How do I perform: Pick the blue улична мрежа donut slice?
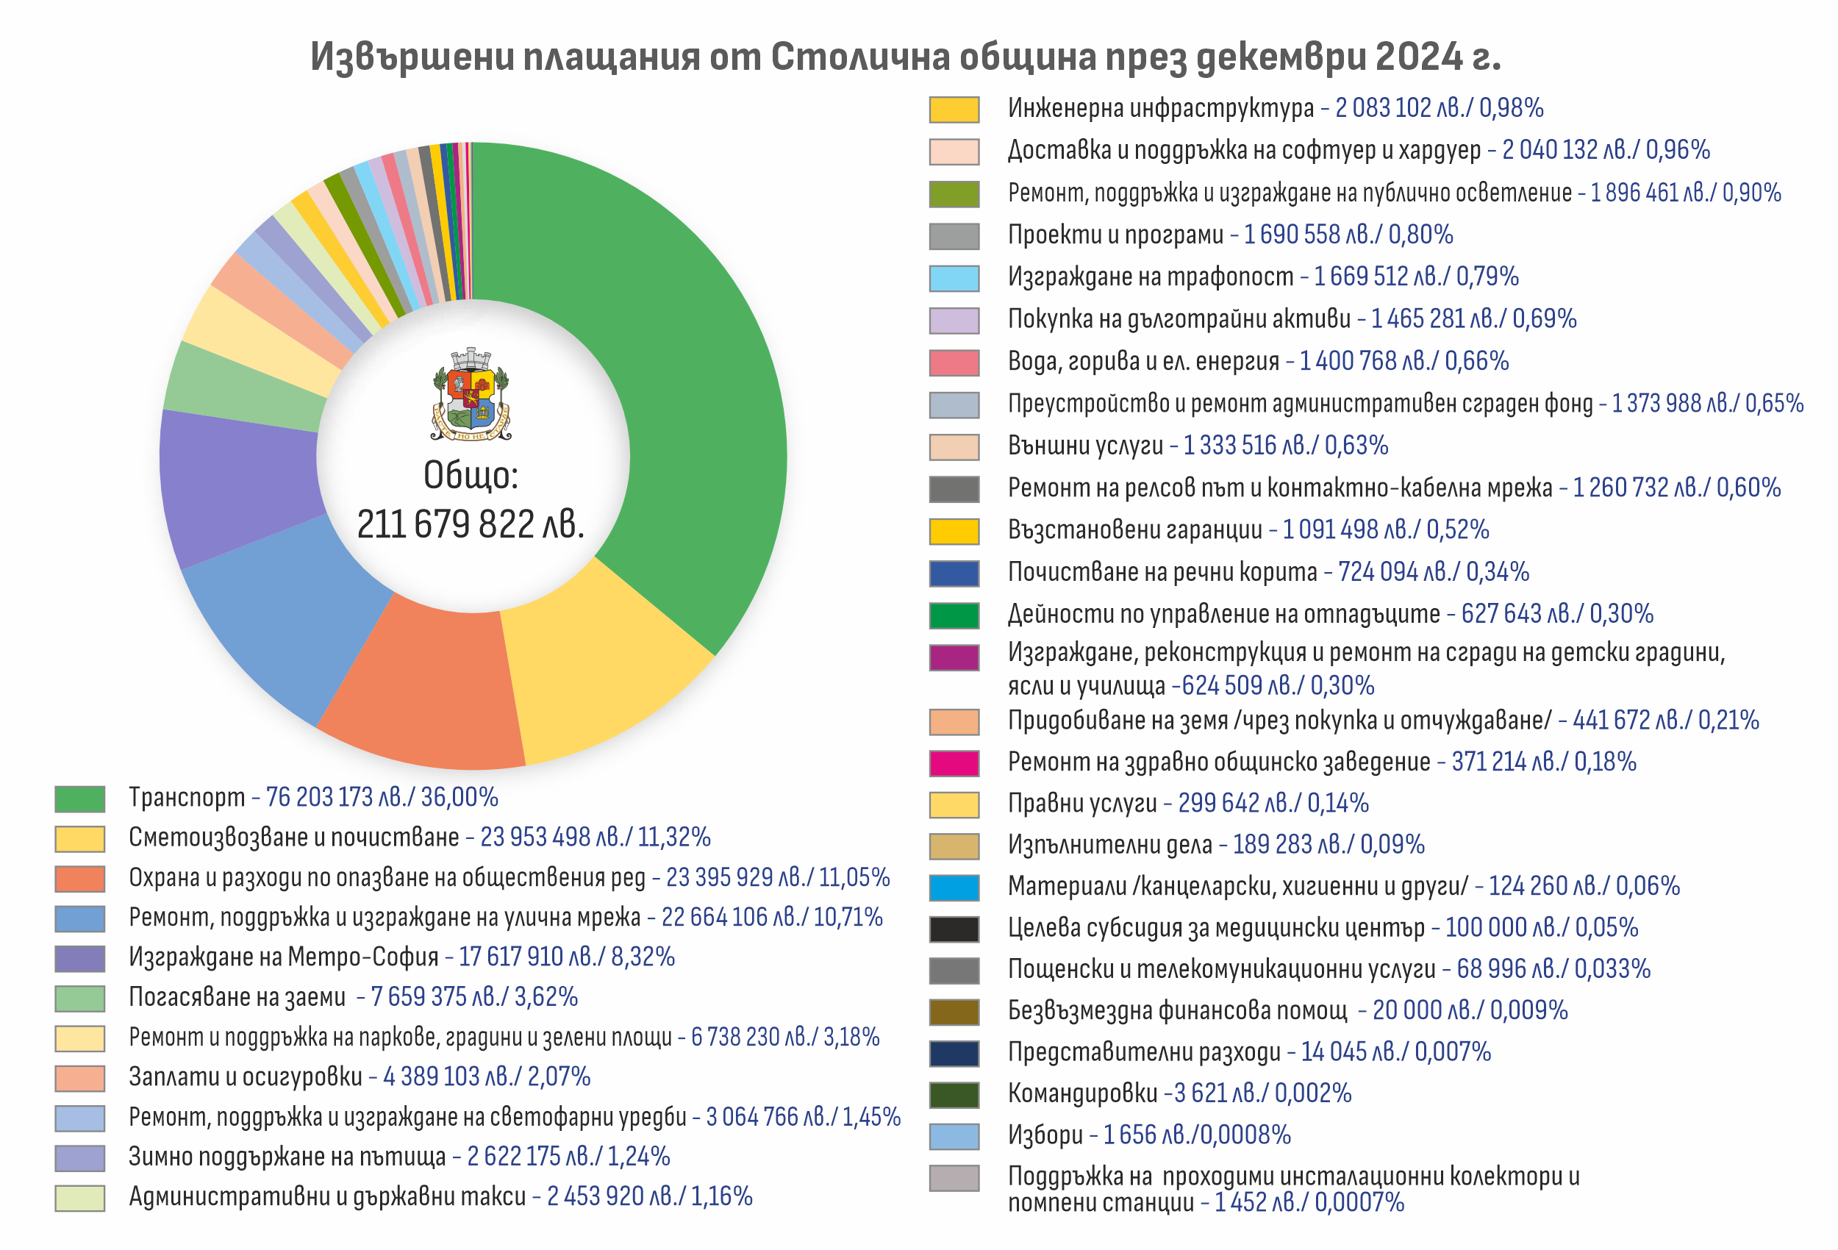[x=293, y=617]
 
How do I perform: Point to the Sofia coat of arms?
[x=471, y=394]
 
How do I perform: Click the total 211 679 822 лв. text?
[x=471, y=524]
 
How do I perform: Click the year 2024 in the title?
[x=1418, y=57]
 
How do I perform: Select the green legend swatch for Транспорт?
[x=80, y=799]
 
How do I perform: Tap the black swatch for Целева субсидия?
[x=954, y=929]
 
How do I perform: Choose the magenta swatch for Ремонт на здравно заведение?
[x=954, y=762]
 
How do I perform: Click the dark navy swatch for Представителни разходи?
[x=954, y=1053]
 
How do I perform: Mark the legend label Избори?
[x=1045, y=1135]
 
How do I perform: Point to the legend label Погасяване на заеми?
[x=237, y=997]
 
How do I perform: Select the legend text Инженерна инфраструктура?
[x=1160, y=108]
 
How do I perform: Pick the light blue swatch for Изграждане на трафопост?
[x=954, y=278]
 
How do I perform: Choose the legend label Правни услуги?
[x=1082, y=804]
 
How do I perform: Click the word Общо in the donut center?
[x=471, y=475]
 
